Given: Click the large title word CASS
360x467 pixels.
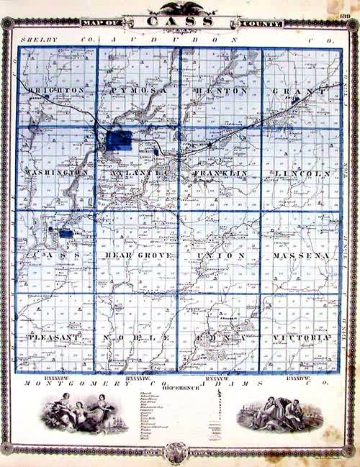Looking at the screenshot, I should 181,22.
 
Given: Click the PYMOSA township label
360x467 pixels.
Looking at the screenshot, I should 139,90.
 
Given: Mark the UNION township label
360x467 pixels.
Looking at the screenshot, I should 221,255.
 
